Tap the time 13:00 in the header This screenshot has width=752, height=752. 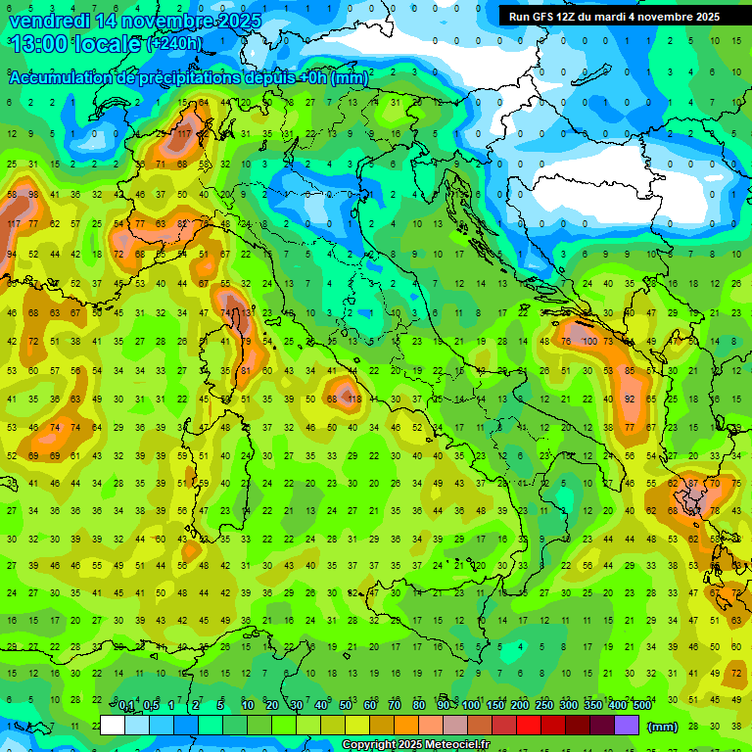(36, 44)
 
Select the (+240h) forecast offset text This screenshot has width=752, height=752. (174, 44)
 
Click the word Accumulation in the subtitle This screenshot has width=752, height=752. (60, 78)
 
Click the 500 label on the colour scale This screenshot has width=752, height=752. (642, 706)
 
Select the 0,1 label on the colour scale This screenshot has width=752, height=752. (126, 706)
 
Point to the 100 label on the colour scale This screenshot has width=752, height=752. (471, 706)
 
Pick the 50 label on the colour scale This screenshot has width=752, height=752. (346, 706)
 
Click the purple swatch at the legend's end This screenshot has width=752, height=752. (626, 726)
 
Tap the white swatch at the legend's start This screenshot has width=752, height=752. (113, 726)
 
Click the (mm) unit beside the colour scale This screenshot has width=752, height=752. (663, 727)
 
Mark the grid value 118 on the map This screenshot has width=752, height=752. (354, 399)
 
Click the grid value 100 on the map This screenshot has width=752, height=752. (588, 342)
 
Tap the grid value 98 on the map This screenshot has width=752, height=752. (34, 194)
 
